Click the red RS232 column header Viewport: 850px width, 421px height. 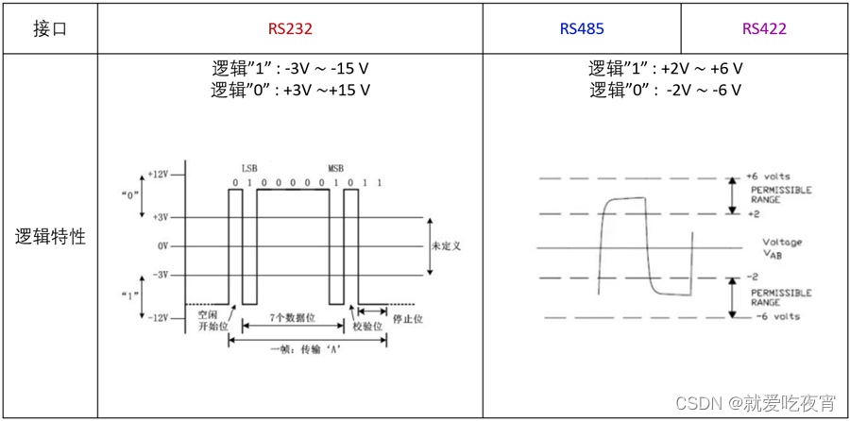pyautogui.click(x=290, y=28)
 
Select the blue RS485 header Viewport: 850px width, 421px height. pyautogui.click(x=582, y=28)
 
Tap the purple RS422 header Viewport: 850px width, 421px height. pyautogui.click(x=764, y=28)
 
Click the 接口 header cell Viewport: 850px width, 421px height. pyautogui.click(x=50, y=28)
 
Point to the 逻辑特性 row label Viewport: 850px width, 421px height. pyautogui.click(x=50, y=237)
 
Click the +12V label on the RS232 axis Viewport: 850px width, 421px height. pyautogui.click(x=158, y=175)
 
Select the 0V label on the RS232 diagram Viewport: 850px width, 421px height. pyautogui.click(x=162, y=245)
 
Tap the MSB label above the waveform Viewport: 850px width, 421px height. pyautogui.click(x=336, y=164)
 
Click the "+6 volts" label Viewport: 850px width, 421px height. pyautogui.click(x=768, y=177)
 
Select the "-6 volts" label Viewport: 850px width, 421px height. pyautogui.click(x=777, y=316)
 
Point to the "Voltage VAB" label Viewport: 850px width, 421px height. pyautogui.click(x=782, y=247)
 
